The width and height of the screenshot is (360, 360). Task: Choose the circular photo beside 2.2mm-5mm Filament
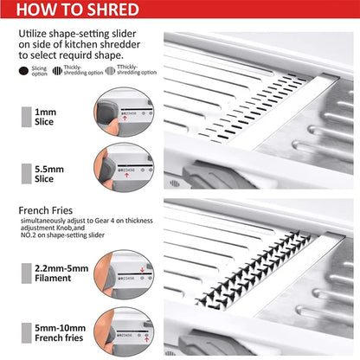129,274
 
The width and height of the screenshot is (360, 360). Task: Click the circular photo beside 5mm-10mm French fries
129,330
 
